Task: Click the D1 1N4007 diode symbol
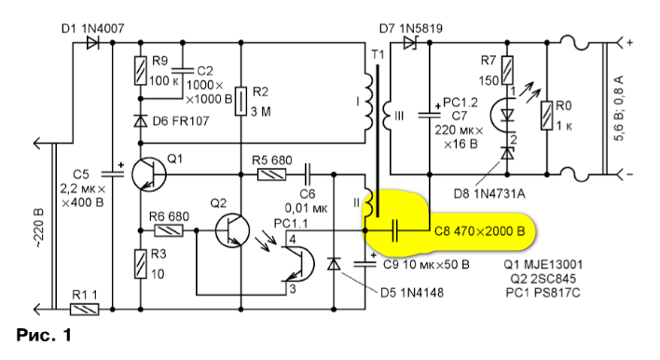click(92, 43)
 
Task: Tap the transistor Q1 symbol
click(148, 173)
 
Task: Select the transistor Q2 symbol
click(232, 230)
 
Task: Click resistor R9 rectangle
click(141, 71)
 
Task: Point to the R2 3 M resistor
click(241, 101)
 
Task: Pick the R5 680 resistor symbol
click(271, 174)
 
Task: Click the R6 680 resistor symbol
click(169, 230)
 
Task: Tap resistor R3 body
click(141, 264)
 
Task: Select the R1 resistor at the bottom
click(84, 310)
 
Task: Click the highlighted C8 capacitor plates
click(394, 230)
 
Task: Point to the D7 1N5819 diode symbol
click(409, 43)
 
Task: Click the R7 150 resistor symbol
click(508, 70)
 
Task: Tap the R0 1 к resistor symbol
click(547, 116)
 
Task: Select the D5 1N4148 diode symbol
click(334, 264)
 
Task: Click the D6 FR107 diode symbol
click(141, 121)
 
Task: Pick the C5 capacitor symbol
click(113, 173)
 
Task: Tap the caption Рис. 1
click(44, 335)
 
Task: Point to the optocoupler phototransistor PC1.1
click(298, 264)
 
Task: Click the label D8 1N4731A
click(489, 194)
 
